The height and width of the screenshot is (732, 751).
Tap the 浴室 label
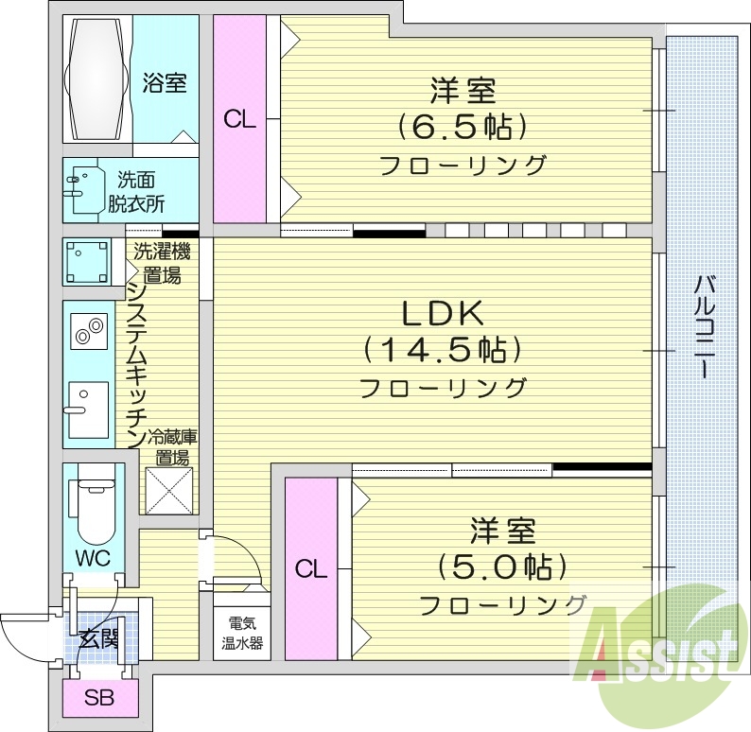tap(165, 82)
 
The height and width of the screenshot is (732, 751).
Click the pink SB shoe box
tap(97, 699)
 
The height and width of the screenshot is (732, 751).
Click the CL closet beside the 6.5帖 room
tap(239, 119)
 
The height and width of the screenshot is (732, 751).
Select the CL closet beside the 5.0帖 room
tap(309, 569)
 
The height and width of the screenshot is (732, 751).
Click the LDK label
tap(444, 312)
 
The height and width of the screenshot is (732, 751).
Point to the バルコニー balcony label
tap(704, 325)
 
